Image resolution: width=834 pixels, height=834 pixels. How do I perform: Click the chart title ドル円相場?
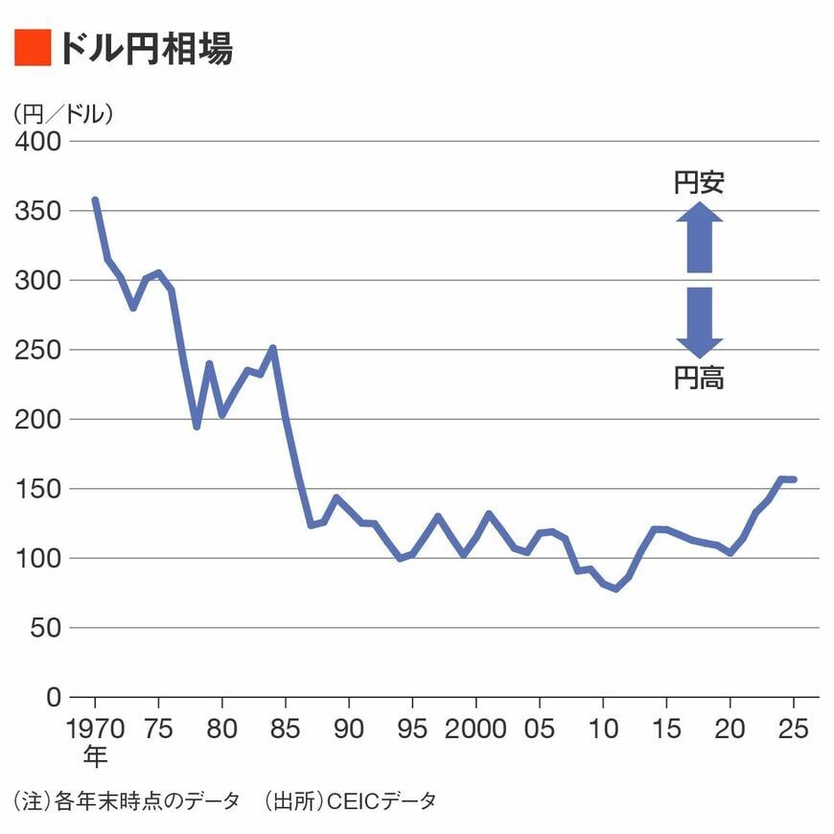pos(145,49)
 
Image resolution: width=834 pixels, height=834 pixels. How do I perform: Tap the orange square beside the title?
pos(32,48)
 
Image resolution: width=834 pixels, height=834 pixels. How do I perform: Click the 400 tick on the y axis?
pos(38,141)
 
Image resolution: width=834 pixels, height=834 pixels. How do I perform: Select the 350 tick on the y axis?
pos(38,211)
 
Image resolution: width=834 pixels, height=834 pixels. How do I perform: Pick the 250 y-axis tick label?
pos(38,350)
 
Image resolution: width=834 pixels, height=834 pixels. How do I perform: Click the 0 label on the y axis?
pos(54,697)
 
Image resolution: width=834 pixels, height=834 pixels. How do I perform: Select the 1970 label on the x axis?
pos(95,729)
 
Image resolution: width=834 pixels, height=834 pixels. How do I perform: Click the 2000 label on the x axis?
pos(476,729)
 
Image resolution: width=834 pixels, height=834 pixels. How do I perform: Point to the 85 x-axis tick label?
pos(286,729)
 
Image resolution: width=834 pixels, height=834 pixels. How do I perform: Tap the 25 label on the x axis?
pos(793,729)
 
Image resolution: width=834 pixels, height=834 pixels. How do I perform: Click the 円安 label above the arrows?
pos(699,183)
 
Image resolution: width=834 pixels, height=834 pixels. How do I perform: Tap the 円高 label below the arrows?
pos(699,379)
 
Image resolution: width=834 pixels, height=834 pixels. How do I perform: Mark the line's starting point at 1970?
pos(95,200)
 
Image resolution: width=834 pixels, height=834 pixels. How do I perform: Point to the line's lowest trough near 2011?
pos(615,589)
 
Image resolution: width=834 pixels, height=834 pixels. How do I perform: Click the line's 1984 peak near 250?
pos(273,348)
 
